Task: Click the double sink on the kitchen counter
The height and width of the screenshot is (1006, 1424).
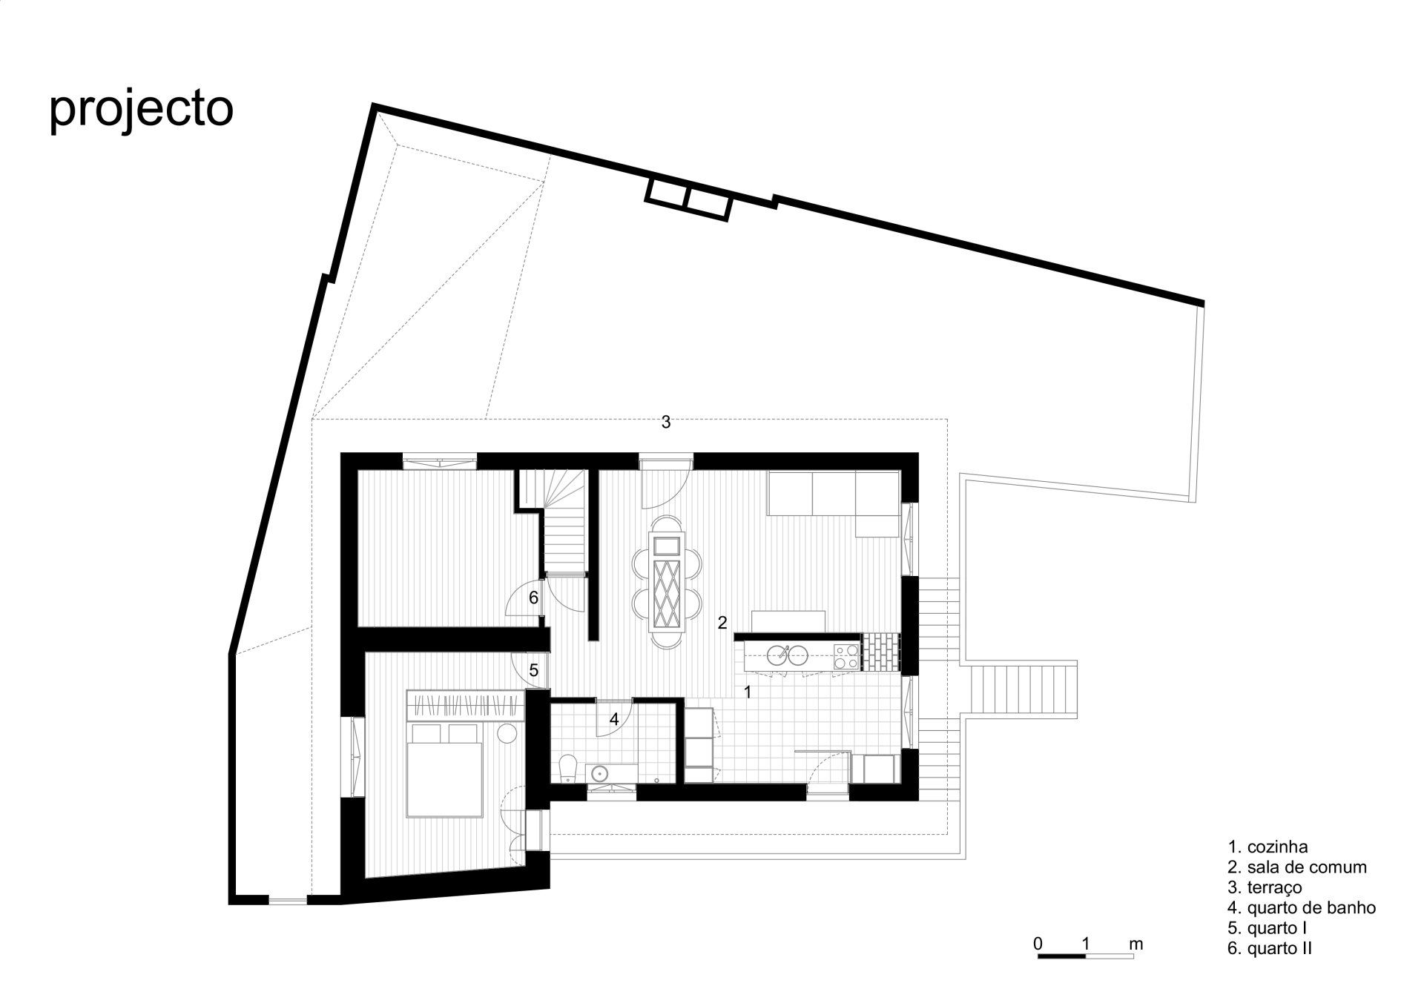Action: [x=786, y=655]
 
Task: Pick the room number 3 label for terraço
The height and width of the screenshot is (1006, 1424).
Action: [x=666, y=422]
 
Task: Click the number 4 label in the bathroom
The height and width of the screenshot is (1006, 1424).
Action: [x=614, y=718]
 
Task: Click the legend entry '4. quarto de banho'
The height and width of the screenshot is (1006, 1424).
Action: [x=1302, y=907]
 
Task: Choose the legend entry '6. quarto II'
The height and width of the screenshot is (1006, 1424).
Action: [x=1270, y=947]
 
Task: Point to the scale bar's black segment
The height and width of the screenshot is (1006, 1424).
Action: [x=1061, y=956]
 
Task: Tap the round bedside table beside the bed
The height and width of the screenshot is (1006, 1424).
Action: [x=507, y=733]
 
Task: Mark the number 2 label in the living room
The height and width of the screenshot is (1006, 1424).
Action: [x=722, y=623]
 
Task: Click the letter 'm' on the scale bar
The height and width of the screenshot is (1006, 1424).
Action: [x=1135, y=944]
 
